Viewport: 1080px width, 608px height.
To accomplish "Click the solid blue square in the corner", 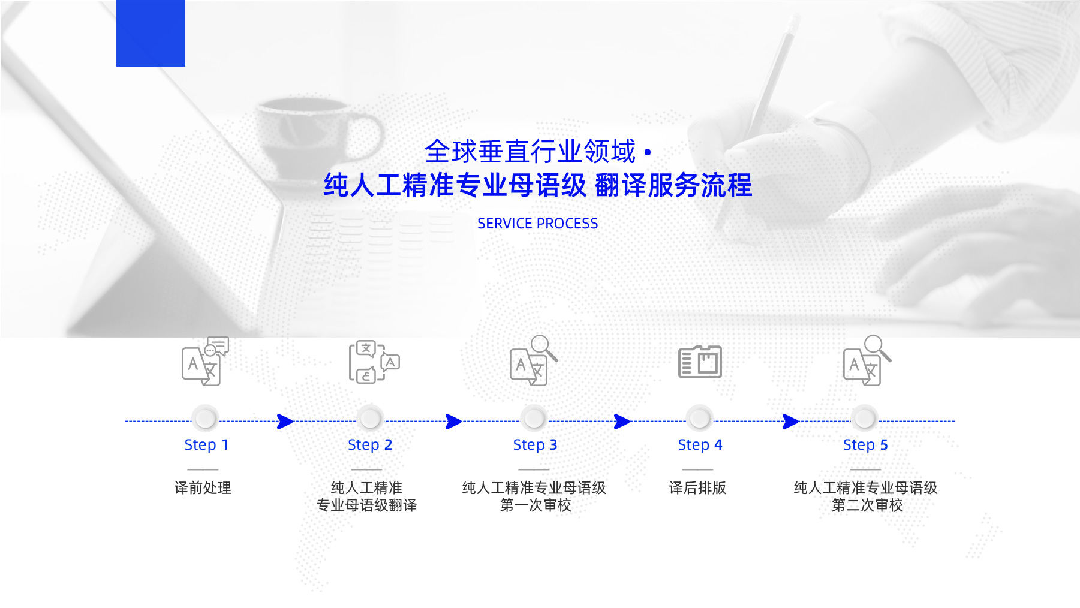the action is [151, 33].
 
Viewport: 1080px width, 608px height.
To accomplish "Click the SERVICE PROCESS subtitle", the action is [537, 224].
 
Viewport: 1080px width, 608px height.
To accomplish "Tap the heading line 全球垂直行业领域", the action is [530, 152].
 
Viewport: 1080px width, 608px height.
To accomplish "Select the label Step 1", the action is [206, 445].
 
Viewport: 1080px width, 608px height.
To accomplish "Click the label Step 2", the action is [370, 445].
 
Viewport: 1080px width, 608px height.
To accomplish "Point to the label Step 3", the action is [535, 445].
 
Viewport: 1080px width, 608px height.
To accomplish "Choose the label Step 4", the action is [700, 445].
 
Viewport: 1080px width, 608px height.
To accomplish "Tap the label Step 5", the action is [865, 445].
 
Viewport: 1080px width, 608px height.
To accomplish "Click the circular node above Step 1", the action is [205, 418].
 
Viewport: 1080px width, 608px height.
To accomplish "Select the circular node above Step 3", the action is [534, 418].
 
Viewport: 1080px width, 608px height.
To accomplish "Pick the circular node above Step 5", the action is [865, 418].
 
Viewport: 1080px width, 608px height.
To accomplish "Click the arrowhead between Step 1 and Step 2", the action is [285, 422].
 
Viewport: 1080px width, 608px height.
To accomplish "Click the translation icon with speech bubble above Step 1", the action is [205, 361].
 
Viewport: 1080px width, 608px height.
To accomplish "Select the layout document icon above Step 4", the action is [700, 362].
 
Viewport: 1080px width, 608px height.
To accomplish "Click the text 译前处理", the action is [203, 488].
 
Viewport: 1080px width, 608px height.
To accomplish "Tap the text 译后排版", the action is [697, 488].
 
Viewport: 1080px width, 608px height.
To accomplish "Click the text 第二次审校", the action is [867, 505].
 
